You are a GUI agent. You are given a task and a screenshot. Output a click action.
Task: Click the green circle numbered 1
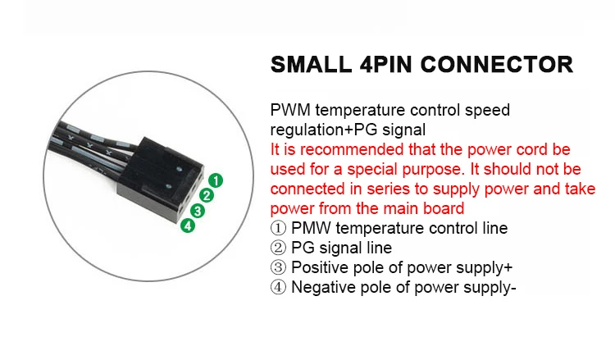(x=214, y=180)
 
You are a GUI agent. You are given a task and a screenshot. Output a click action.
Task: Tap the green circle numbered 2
(x=207, y=195)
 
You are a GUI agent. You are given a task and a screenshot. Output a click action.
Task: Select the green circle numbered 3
(x=198, y=210)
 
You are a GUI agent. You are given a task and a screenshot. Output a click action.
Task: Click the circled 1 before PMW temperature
(x=278, y=228)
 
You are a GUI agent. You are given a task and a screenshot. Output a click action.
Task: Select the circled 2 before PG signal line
(x=278, y=248)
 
